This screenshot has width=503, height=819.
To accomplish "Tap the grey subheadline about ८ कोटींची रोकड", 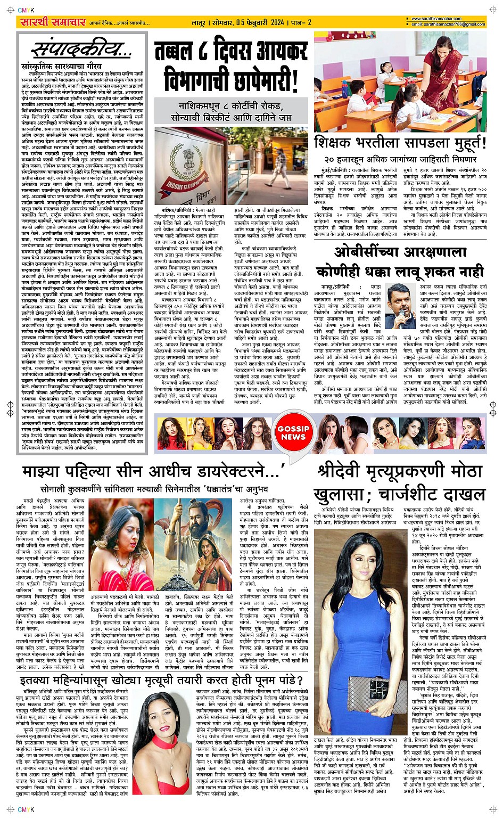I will pos(231,110).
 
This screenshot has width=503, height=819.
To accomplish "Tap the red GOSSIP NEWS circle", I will pos(293,432).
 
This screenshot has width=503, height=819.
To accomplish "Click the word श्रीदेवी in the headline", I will pos(344,472).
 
